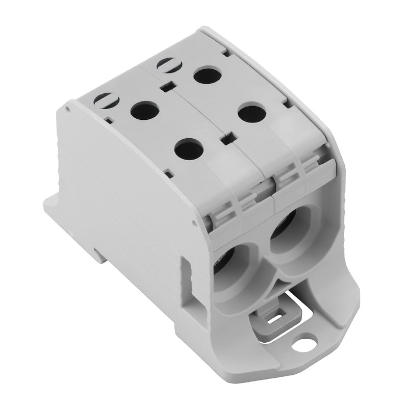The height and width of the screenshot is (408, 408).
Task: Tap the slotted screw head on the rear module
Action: [x=166, y=65]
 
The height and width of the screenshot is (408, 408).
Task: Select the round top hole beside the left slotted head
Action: [x=141, y=110]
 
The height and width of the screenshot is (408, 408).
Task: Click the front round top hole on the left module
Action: [x=188, y=149]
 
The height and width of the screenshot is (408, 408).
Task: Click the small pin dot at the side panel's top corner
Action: [x=67, y=109]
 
